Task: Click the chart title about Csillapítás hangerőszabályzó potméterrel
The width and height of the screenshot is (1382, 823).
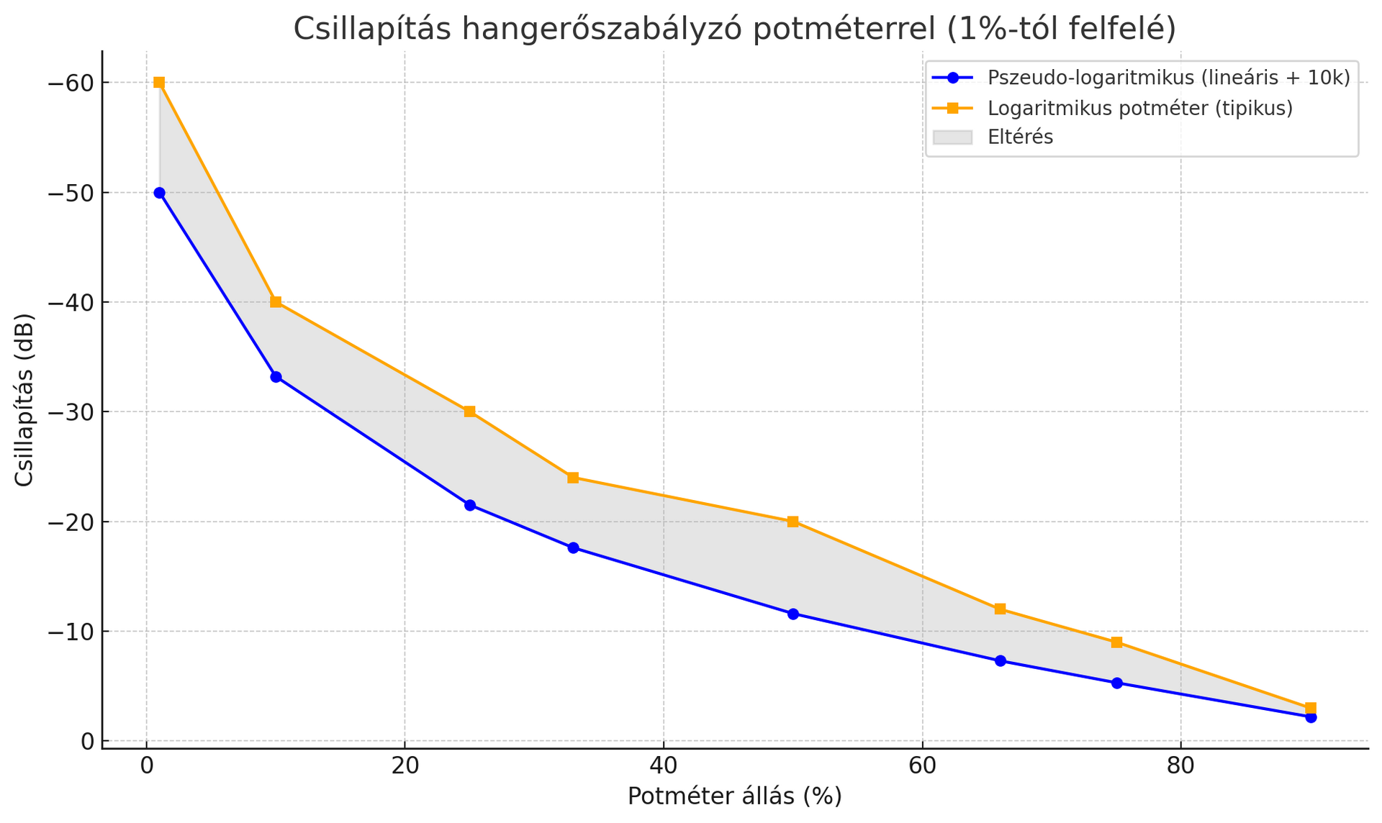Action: tap(734, 29)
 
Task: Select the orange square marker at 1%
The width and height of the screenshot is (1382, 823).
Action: tap(159, 83)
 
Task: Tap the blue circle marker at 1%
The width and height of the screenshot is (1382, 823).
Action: tap(159, 193)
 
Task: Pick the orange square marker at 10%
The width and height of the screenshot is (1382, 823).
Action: tap(276, 302)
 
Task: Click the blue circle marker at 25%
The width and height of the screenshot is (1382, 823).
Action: tap(470, 505)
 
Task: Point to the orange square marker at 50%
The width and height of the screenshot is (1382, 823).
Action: tap(792, 522)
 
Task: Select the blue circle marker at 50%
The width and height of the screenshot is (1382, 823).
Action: tap(792, 614)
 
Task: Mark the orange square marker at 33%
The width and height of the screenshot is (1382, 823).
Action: tap(573, 478)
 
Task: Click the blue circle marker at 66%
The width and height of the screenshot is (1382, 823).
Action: tap(1000, 660)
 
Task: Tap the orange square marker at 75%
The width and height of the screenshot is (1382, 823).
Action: tap(1116, 642)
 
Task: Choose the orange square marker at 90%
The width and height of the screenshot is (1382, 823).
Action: tap(1311, 708)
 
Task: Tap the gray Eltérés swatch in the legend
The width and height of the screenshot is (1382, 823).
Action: tap(952, 137)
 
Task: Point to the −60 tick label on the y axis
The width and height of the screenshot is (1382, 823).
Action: tap(71, 83)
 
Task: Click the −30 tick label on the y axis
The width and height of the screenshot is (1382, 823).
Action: tap(71, 412)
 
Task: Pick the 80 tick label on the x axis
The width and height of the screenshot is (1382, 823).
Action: tap(1180, 766)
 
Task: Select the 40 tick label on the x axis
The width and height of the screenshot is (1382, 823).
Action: tap(663, 766)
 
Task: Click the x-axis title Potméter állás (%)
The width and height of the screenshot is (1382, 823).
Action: tap(734, 796)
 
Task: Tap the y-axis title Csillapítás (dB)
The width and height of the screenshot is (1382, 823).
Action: tap(24, 400)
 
